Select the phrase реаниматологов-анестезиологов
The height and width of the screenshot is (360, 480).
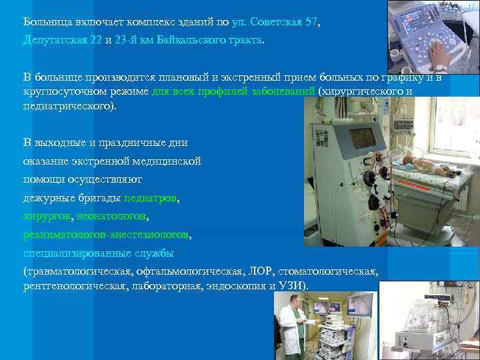(106, 235)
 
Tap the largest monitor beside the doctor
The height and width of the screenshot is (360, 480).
(357, 307)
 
